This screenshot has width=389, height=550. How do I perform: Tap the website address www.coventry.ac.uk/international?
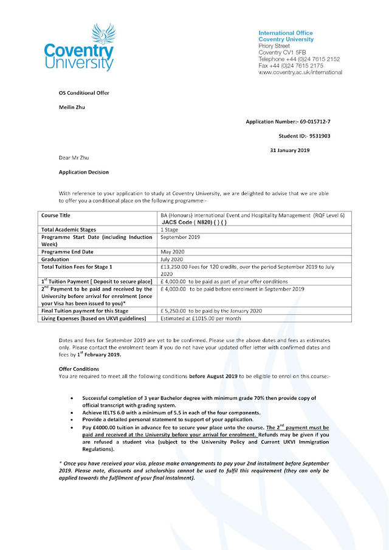300,72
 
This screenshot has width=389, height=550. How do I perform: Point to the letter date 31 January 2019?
289,150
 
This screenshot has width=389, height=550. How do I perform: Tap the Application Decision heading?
84,172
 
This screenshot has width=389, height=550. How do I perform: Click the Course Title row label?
55,216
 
